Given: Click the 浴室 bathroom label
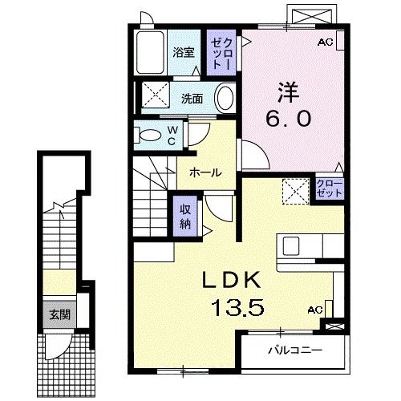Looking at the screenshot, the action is [184, 52].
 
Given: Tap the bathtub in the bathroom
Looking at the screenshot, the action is [150, 53].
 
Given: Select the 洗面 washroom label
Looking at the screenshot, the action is [192, 99].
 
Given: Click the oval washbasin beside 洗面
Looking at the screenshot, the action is [225, 98].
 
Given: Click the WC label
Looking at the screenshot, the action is [172, 136].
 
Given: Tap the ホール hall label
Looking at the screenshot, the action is [205, 172].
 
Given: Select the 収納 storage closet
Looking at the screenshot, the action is [185, 217].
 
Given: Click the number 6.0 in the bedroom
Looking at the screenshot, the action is [289, 119].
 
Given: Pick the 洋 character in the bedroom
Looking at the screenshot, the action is [288, 92].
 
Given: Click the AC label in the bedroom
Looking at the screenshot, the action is [325, 42].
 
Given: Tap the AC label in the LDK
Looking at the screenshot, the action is [315, 310].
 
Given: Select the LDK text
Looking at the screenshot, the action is [231, 280].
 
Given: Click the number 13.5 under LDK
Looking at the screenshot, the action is [238, 307].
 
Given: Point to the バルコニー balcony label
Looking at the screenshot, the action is [295, 350].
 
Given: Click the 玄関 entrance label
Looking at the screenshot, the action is [59, 315].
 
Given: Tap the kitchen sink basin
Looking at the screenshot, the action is [291, 246].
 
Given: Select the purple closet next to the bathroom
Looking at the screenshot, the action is [221, 53].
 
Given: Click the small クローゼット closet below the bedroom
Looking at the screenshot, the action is [329, 189].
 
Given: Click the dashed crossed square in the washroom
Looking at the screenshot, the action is [156, 95].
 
